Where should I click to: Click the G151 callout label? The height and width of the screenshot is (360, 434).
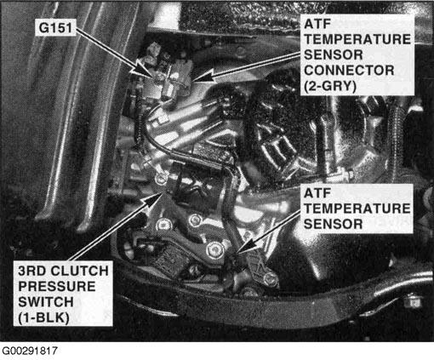(55, 28)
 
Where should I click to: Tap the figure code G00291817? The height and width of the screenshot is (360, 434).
(30, 351)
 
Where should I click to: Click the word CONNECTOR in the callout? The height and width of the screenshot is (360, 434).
(349, 71)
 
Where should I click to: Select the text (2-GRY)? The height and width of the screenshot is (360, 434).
(330, 86)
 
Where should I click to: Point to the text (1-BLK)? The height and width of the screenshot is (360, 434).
(43, 317)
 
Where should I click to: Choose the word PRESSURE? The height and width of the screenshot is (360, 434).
(57, 287)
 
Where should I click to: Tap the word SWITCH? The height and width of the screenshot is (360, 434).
(46, 302)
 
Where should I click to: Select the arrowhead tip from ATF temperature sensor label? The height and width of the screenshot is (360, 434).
(237, 252)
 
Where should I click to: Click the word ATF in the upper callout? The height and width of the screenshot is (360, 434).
(317, 24)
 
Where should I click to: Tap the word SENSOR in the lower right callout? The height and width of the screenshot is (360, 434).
(333, 224)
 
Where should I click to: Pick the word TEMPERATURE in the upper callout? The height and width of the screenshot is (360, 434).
(357, 39)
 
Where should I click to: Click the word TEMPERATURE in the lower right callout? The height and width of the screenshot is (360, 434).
(357, 209)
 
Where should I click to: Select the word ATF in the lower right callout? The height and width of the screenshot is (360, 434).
(317, 193)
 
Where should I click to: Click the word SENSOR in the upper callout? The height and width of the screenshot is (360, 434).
(333, 54)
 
